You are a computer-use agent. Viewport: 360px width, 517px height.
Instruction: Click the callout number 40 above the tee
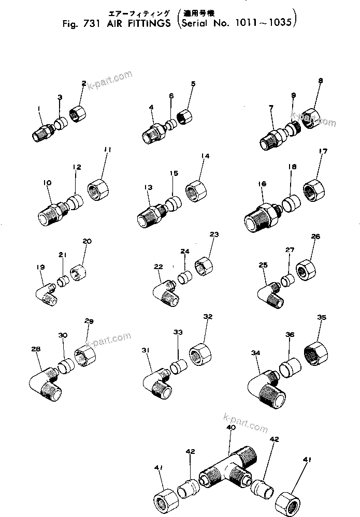pos(231,428)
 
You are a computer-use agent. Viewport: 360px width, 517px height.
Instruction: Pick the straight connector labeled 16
pos(262,216)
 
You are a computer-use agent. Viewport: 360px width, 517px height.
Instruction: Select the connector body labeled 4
pos(152,134)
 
